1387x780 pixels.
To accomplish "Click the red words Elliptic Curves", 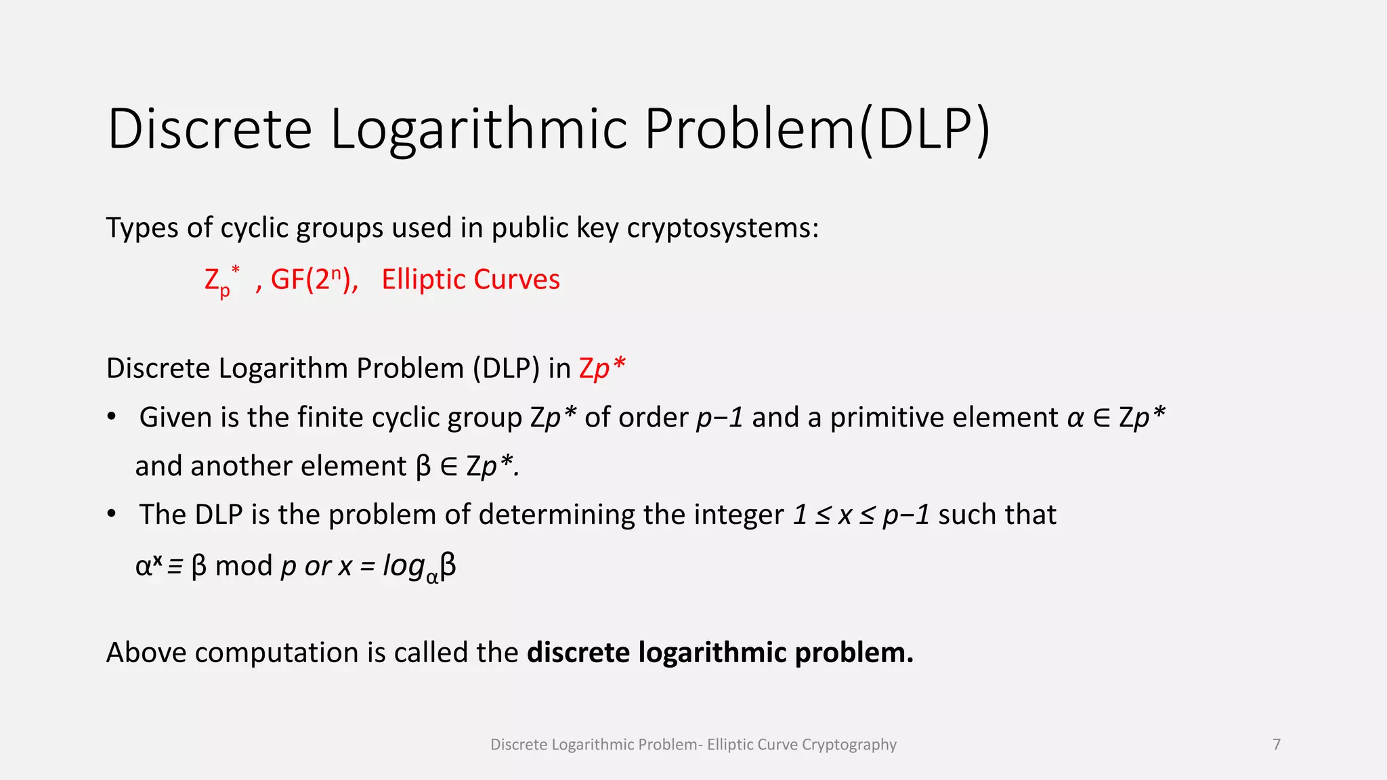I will [x=471, y=280].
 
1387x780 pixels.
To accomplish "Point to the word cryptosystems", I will [x=722, y=228].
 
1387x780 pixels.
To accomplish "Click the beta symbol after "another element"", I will [x=423, y=467].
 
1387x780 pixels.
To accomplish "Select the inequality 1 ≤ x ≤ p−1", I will [x=861, y=515].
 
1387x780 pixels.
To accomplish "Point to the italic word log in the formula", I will [x=404, y=565].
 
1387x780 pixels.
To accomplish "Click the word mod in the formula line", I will [x=244, y=565].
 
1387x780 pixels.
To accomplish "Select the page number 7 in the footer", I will [x=1277, y=745].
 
